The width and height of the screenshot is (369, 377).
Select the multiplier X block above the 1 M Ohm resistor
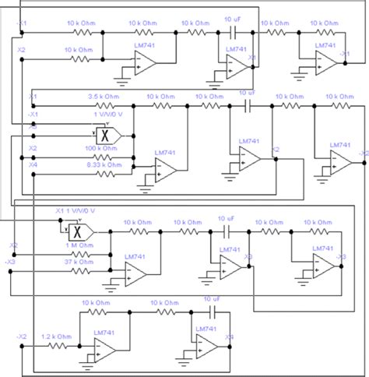[76, 231]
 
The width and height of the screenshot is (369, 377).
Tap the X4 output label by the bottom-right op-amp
[230, 337]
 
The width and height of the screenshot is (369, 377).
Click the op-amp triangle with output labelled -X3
[319, 266]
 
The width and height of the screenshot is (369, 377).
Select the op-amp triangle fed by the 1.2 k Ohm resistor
[104, 348]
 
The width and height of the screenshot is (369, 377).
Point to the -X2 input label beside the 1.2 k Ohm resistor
[23, 336]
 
